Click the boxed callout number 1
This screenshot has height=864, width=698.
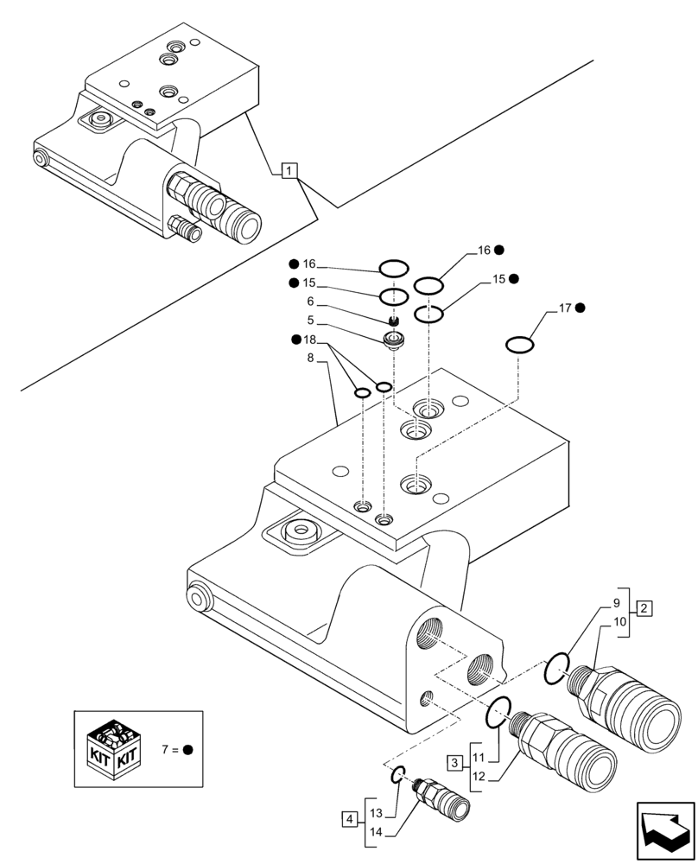pyautogui.click(x=289, y=170)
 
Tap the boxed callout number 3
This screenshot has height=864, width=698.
pyautogui.click(x=454, y=762)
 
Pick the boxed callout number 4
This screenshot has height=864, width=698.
pyautogui.click(x=348, y=818)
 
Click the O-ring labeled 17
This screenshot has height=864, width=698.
pyautogui.click(x=519, y=346)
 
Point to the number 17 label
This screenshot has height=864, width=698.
pyautogui.click(x=566, y=308)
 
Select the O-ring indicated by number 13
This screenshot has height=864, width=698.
pyautogui.click(x=396, y=776)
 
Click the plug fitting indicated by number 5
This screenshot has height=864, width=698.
pyautogui.click(x=395, y=340)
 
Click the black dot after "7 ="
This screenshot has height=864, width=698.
pyautogui.click(x=187, y=749)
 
